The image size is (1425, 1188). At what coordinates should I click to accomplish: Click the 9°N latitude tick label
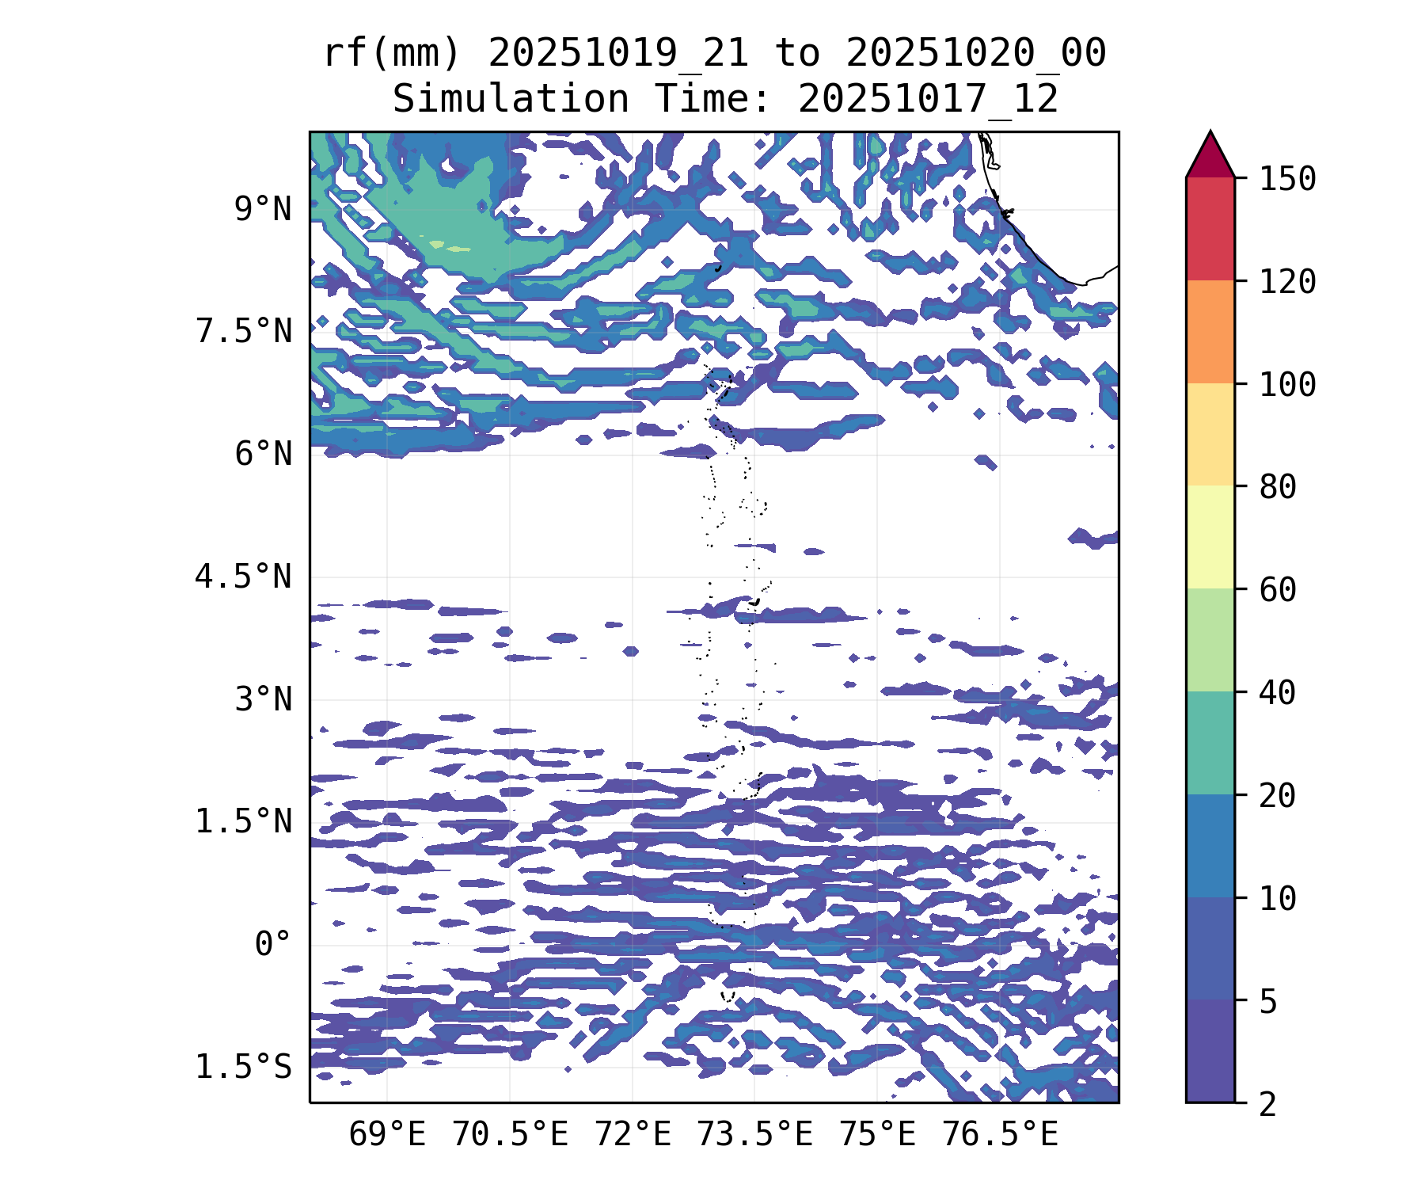click(x=262, y=210)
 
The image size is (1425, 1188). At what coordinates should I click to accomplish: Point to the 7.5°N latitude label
click(x=244, y=332)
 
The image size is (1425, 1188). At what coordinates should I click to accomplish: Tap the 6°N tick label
click(x=262, y=455)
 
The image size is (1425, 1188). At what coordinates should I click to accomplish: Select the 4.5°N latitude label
click(x=244, y=577)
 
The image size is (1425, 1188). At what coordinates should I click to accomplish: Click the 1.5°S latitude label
click(x=244, y=1068)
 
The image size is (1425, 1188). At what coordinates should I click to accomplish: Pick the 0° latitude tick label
click(x=272, y=945)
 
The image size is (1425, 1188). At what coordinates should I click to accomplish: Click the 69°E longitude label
click(x=387, y=1135)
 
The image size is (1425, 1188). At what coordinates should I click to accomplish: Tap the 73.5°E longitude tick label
click(x=754, y=1135)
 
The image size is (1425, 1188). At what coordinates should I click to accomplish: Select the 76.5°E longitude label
click(x=1000, y=1135)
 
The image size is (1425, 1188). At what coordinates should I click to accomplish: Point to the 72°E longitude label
click(x=633, y=1135)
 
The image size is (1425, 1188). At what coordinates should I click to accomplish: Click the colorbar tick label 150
click(x=1287, y=179)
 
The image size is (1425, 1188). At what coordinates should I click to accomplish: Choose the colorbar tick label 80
click(x=1278, y=487)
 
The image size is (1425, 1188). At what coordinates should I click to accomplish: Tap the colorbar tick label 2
click(x=1268, y=1104)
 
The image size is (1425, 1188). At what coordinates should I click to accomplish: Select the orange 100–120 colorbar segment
click(x=1210, y=332)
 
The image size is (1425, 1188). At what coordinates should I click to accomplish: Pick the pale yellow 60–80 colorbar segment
click(x=1210, y=537)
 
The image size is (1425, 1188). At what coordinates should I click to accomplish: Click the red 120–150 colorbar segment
click(x=1210, y=229)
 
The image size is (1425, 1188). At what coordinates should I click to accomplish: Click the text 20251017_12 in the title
click(x=928, y=100)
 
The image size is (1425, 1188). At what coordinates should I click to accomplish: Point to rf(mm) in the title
click(x=392, y=54)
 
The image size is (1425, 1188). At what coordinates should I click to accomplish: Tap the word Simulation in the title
click(x=511, y=100)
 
